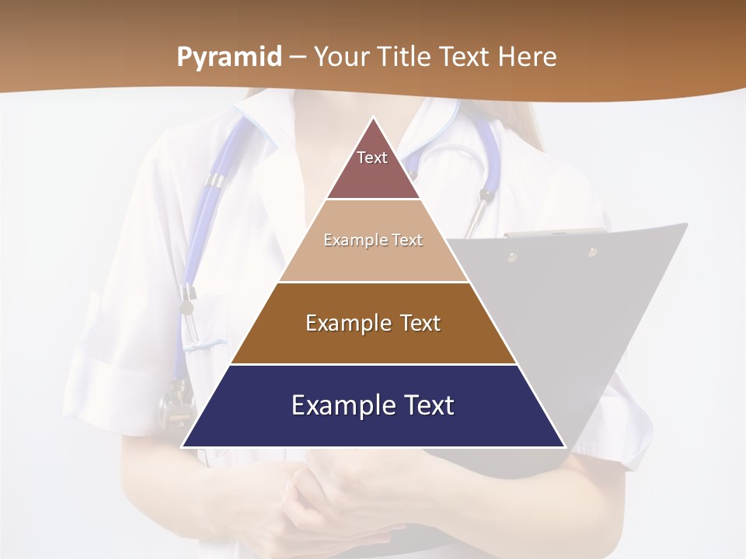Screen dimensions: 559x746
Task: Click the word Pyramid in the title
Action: point(229,57)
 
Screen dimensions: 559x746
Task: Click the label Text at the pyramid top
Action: point(372,158)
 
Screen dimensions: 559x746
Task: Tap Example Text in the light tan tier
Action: point(373,240)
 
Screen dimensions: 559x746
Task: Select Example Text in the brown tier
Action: point(373,323)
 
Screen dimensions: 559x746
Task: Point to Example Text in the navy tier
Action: point(373,405)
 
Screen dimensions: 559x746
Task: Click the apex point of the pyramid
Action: point(374,118)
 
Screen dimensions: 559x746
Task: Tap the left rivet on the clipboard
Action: point(512,256)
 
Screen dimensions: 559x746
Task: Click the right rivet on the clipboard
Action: point(592,252)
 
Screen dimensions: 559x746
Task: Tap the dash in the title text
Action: point(297,57)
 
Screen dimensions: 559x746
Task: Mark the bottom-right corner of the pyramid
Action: point(565,447)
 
